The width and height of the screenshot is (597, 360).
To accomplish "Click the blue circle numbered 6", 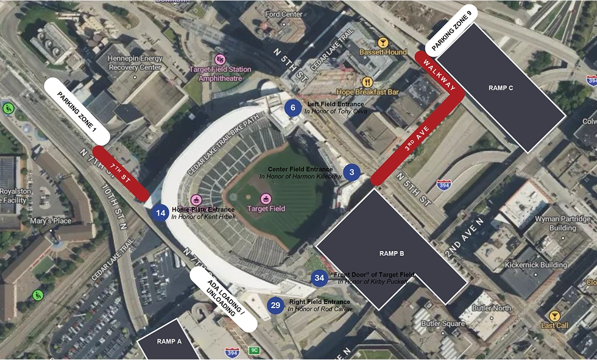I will pyautogui.click(x=293, y=108).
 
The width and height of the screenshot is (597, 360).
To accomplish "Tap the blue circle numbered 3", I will pyautogui.click(x=352, y=172).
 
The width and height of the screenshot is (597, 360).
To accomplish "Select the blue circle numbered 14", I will pyautogui.click(x=160, y=213).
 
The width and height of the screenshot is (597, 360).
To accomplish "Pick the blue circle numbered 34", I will pyautogui.click(x=319, y=278).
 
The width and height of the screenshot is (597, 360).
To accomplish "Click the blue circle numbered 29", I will pyautogui.click(x=276, y=305).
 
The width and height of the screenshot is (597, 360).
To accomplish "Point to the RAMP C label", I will pyautogui.click(x=501, y=88).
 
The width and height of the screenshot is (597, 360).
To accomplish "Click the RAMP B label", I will pyautogui.click(x=392, y=253).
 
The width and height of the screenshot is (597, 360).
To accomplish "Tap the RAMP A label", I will pyautogui.click(x=169, y=342).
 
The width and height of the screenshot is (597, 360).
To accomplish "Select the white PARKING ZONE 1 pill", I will pyautogui.click(x=77, y=110).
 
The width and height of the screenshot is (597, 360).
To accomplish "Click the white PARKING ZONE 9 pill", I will pyautogui.click(x=452, y=30).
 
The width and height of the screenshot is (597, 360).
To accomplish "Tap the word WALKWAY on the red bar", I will pyautogui.click(x=440, y=75).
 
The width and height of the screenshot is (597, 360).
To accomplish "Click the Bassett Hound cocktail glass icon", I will pyautogui.click(x=383, y=43).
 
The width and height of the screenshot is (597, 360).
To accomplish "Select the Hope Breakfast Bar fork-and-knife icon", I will pyautogui.click(x=367, y=82).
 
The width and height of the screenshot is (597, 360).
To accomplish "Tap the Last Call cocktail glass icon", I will pyautogui.click(x=554, y=316).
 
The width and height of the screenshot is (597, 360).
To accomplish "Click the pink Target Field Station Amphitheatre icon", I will pyautogui.click(x=220, y=60).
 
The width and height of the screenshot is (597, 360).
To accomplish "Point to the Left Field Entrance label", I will pyautogui.click(x=336, y=104).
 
